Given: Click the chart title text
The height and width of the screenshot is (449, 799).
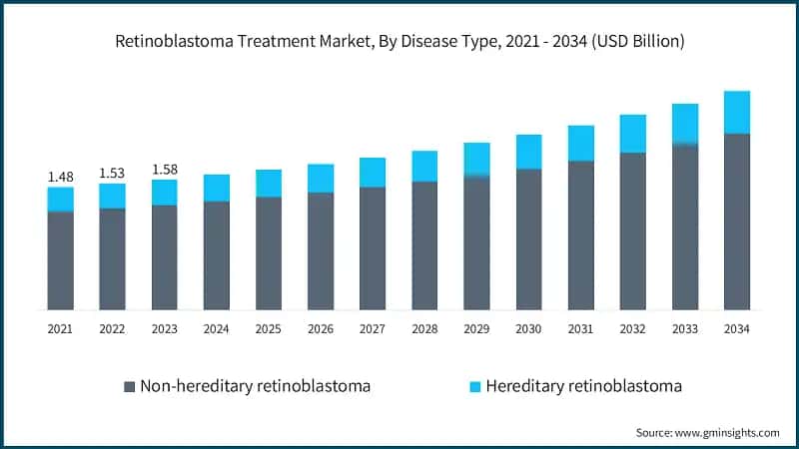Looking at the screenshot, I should pyautogui.click(x=399, y=42).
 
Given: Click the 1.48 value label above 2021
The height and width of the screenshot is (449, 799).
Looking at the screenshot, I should pyautogui.click(x=60, y=177).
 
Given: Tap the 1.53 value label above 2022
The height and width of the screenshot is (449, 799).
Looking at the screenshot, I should pyautogui.click(x=112, y=173).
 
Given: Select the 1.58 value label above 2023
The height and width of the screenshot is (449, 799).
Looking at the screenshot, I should pyautogui.click(x=164, y=169).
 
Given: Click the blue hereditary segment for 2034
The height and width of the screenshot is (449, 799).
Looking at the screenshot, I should pyautogui.click(x=736, y=112).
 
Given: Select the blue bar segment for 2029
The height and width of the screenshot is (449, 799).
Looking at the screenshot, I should pyautogui.click(x=476, y=160).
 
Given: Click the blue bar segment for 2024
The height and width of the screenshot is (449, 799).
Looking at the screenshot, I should pyautogui.click(x=216, y=188).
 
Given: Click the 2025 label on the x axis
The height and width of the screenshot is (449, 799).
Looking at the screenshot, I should pyautogui.click(x=268, y=327).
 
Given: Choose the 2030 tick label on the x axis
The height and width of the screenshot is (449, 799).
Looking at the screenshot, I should pyautogui.click(x=528, y=327).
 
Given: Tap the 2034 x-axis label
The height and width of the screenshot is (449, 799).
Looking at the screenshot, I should pyautogui.click(x=736, y=327).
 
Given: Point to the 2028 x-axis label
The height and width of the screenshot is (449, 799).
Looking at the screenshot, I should pyautogui.click(x=424, y=327).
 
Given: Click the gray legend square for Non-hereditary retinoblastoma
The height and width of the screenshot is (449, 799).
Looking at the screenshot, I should pyautogui.click(x=128, y=386).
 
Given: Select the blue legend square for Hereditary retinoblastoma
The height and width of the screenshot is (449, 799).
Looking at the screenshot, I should pyautogui.click(x=473, y=386).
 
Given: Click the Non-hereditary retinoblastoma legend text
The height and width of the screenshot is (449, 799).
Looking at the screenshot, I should pyautogui.click(x=256, y=386).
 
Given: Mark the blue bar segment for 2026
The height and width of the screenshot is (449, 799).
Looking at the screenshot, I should pyautogui.click(x=321, y=178).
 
